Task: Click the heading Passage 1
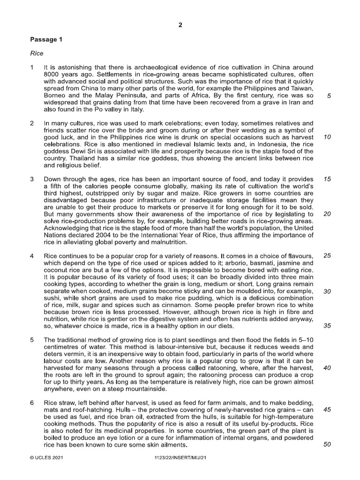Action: (x=46, y=40)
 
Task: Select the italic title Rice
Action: (x=37, y=53)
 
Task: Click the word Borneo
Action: (x=55, y=95)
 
